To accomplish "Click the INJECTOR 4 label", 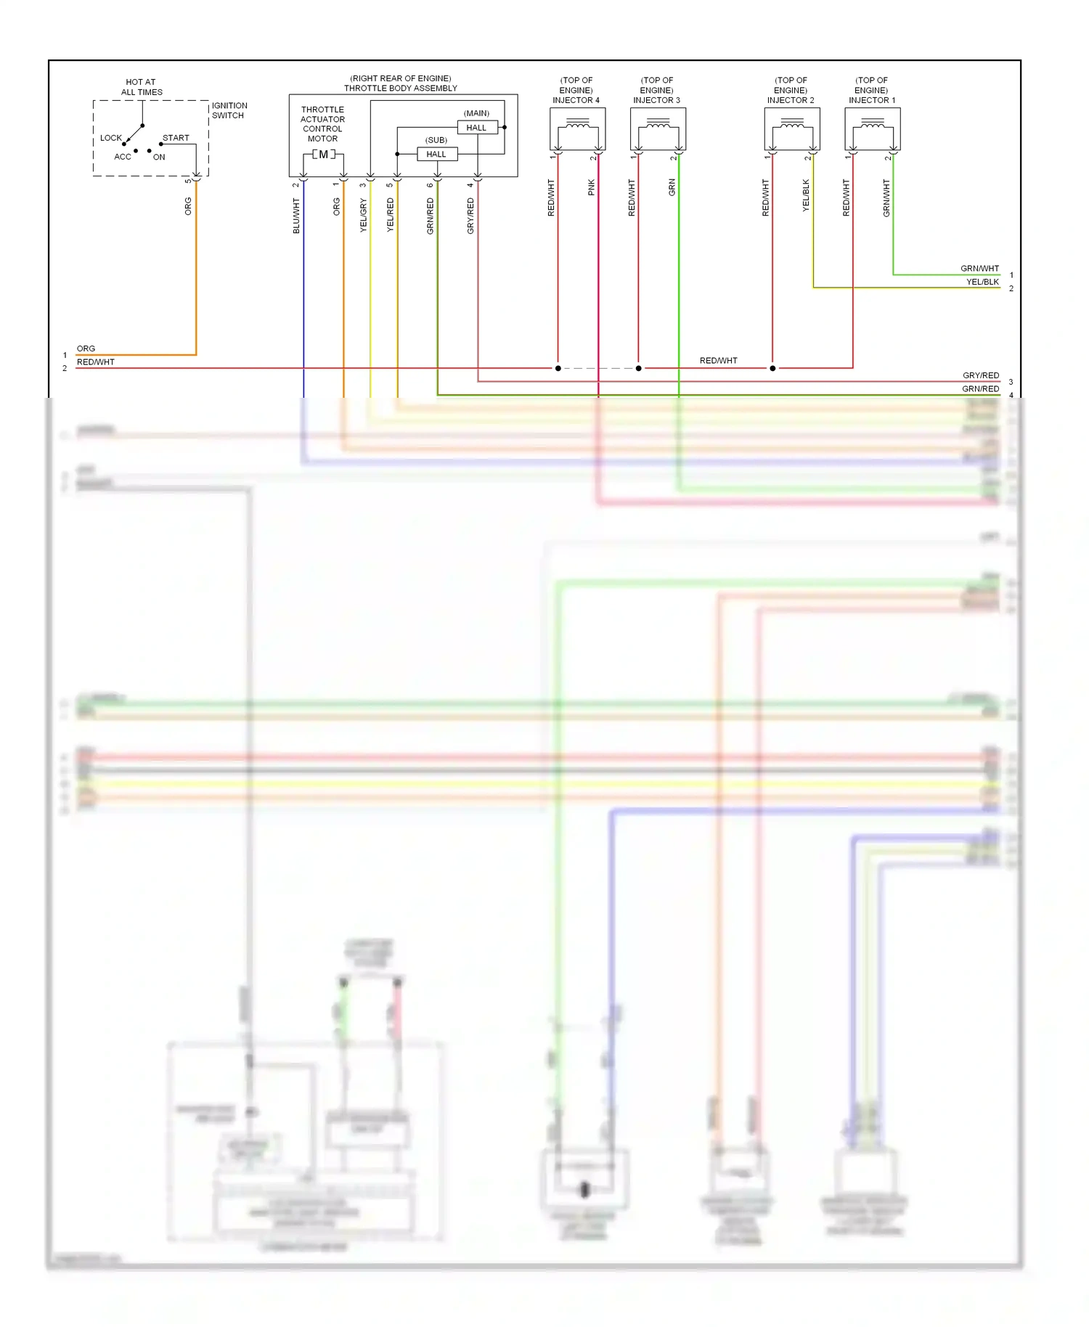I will (x=576, y=100).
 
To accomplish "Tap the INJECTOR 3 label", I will (x=656, y=100).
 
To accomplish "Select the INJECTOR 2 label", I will (x=791, y=100).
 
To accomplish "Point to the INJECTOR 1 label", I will (x=872, y=100).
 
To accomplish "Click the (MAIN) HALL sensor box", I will (x=476, y=128).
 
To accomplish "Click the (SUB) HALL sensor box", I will (x=436, y=154).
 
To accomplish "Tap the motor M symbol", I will (x=323, y=154).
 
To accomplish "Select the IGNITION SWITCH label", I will (x=229, y=110).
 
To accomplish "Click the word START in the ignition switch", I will (x=176, y=138).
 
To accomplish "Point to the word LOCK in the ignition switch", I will (x=111, y=138).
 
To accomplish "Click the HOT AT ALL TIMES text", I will (x=142, y=87).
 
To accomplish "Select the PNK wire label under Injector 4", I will (x=591, y=187).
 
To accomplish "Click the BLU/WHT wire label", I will (x=296, y=216).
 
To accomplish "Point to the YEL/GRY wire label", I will (x=364, y=215).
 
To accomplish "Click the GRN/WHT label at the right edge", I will (x=979, y=269).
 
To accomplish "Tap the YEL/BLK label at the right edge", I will (x=982, y=282).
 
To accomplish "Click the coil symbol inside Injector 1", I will (x=873, y=126).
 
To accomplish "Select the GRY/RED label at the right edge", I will (x=981, y=375).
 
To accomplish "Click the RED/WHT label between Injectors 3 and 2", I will (x=718, y=361).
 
